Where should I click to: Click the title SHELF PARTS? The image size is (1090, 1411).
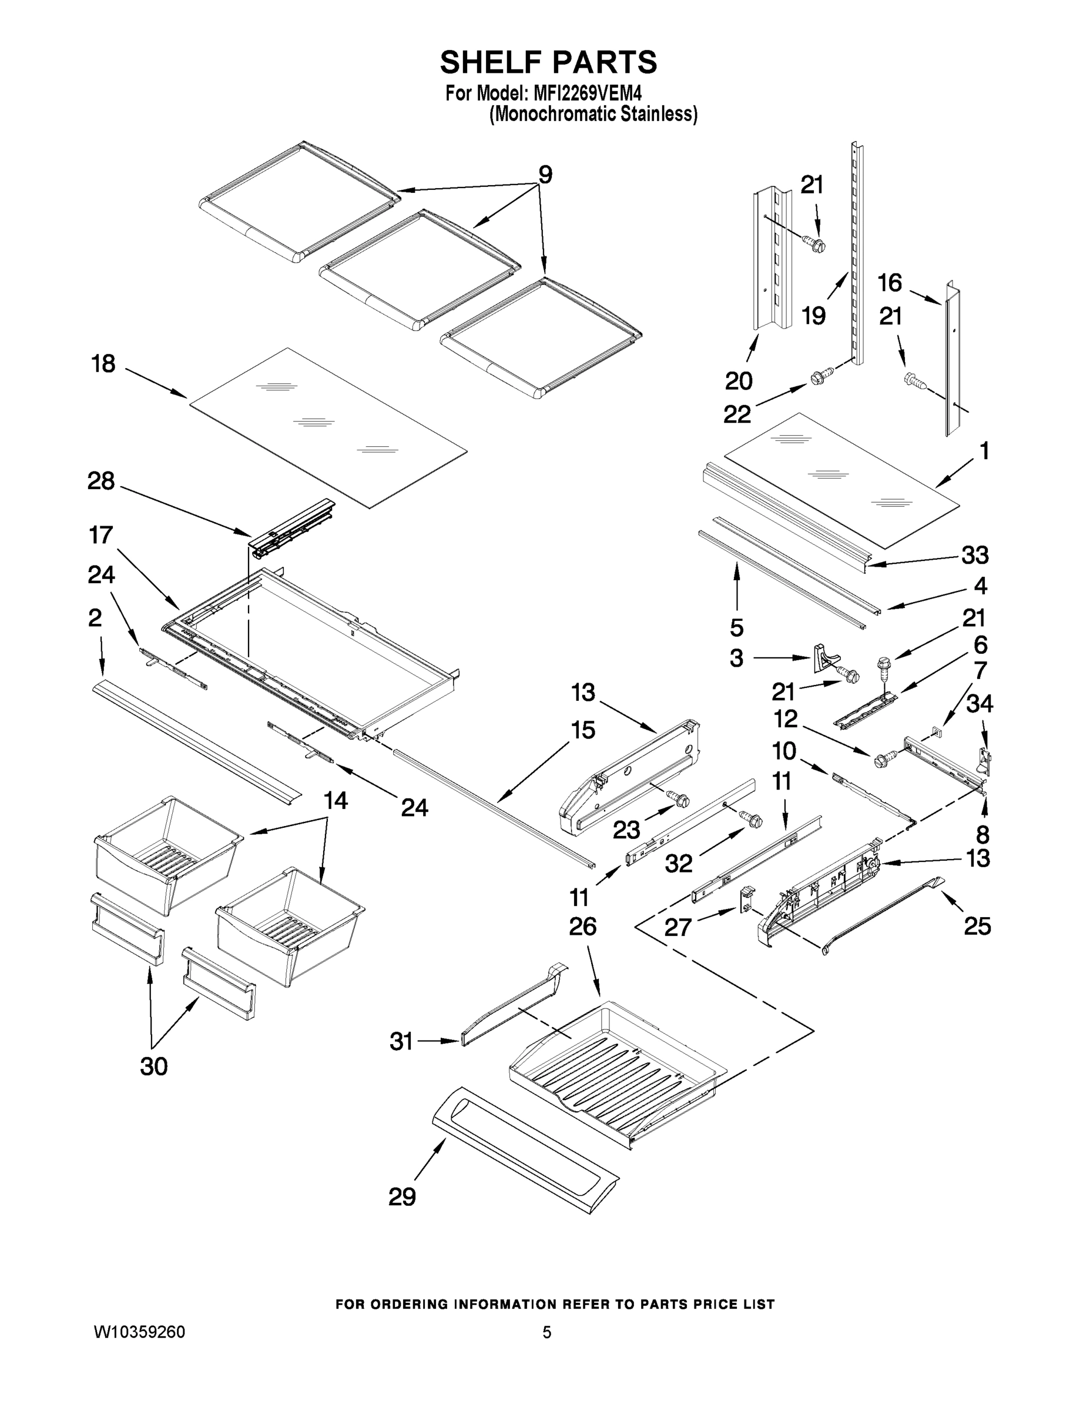click(x=548, y=63)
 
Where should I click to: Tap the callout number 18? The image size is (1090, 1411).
click(x=103, y=364)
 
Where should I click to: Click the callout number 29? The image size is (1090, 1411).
click(x=402, y=1196)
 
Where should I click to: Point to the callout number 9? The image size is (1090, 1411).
click(x=545, y=175)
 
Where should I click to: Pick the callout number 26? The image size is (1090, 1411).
click(x=582, y=927)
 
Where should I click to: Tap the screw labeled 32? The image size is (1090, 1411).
click(x=752, y=818)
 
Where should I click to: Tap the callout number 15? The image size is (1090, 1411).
click(x=582, y=730)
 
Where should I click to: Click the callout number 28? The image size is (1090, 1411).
click(x=102, y=481)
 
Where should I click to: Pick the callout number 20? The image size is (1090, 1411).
click(x=739, y=380)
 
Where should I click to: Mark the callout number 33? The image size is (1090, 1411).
click(x=975, y=554)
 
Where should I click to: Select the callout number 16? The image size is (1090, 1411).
click(x=889, y=282)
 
